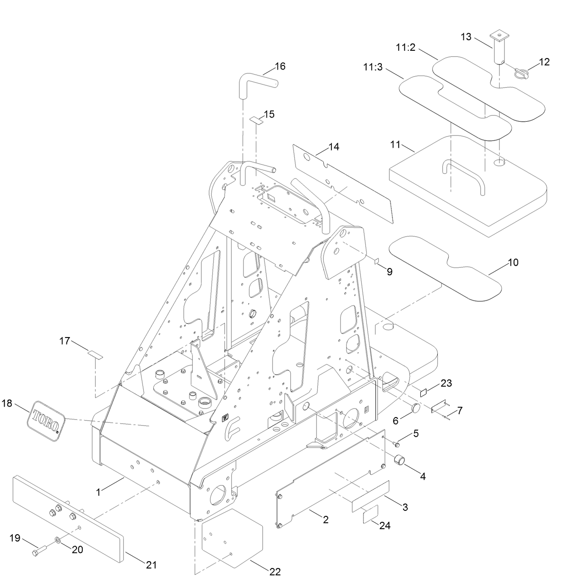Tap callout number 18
coord(7,403)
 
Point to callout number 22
coord(275,571)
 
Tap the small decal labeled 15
coord(256,120)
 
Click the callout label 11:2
coord(406,47)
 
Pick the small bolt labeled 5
coord(397,444)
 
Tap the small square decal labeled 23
coord(424,392)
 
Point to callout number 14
coord(334,147)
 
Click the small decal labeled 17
coord(95,354)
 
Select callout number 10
coord(513,263)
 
